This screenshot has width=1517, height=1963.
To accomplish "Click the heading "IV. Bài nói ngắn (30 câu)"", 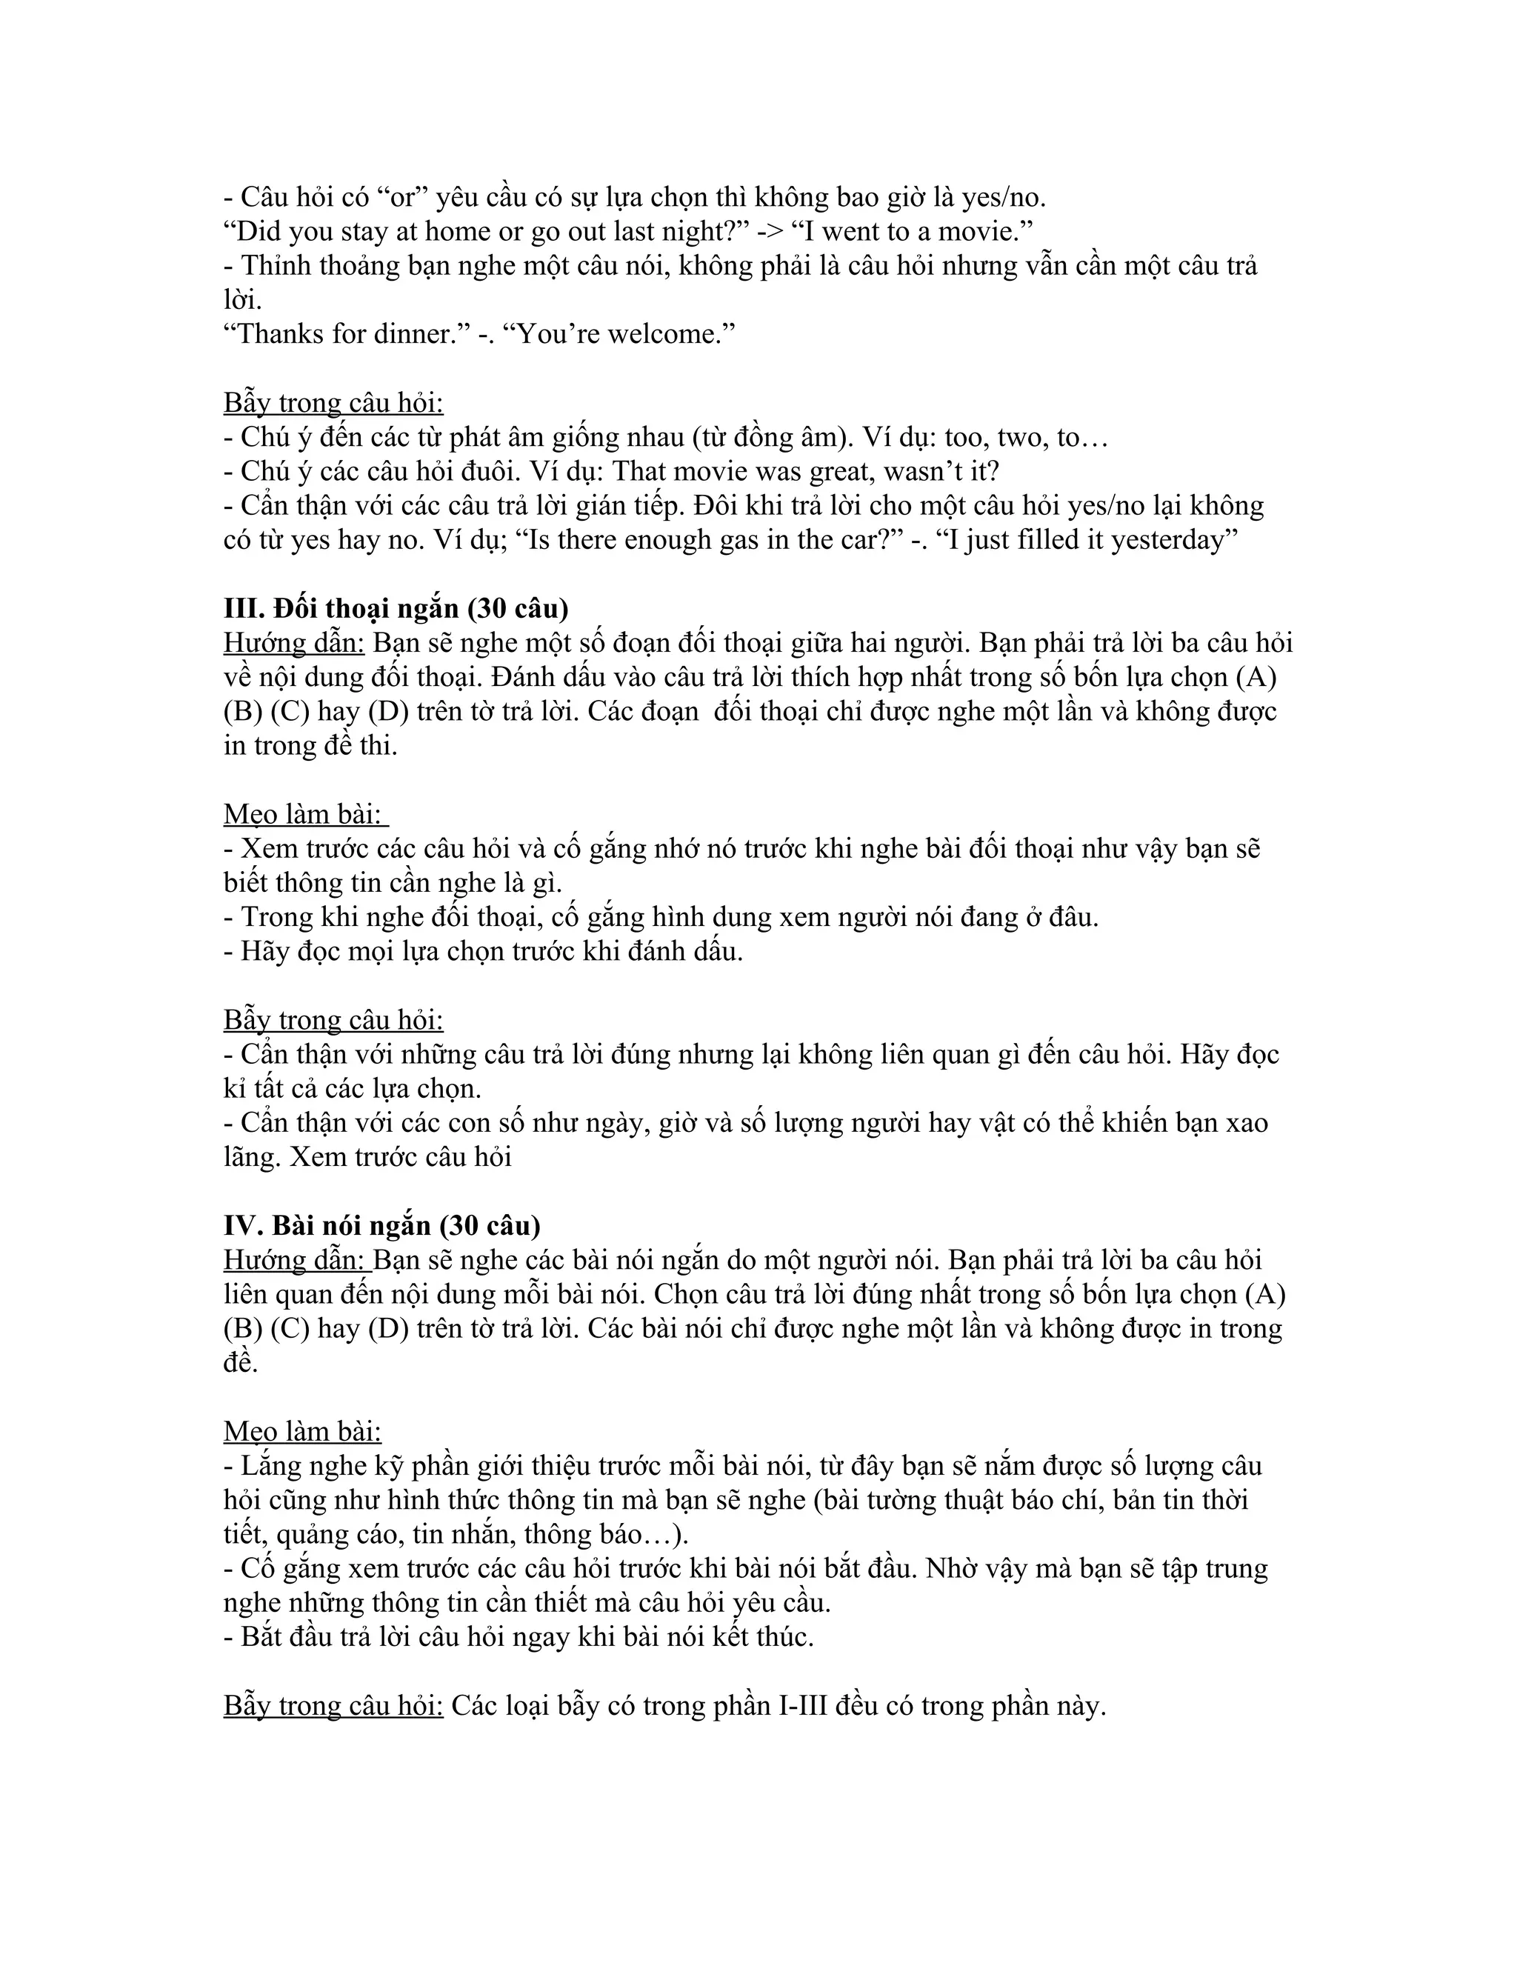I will pos(382,1225).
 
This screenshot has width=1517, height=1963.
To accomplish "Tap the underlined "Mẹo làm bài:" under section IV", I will pos(302,1431).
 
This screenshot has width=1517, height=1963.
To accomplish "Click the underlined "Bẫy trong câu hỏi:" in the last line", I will pos(333,1705).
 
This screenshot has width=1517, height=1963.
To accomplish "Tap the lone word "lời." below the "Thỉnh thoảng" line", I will pos(243,300).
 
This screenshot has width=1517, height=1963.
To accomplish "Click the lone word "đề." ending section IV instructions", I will pos(241,1362).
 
